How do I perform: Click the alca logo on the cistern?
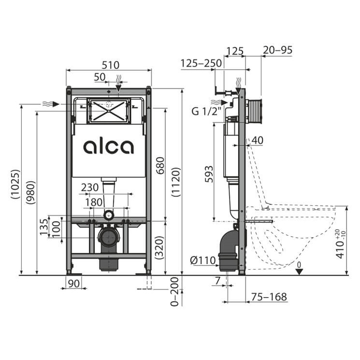(x=108, y=147)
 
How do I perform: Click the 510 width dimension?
(x=111, y=65)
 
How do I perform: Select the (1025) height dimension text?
(x=15, y=184)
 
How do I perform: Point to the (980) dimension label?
(x=30, y=192)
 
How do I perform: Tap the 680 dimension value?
(x=160, y=166)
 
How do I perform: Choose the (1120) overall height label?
(x=176, y=182)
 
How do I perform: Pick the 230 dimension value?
(x=90, y=187)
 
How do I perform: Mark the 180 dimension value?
(x=94, y=202)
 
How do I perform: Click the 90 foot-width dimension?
(x=74, y=284)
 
